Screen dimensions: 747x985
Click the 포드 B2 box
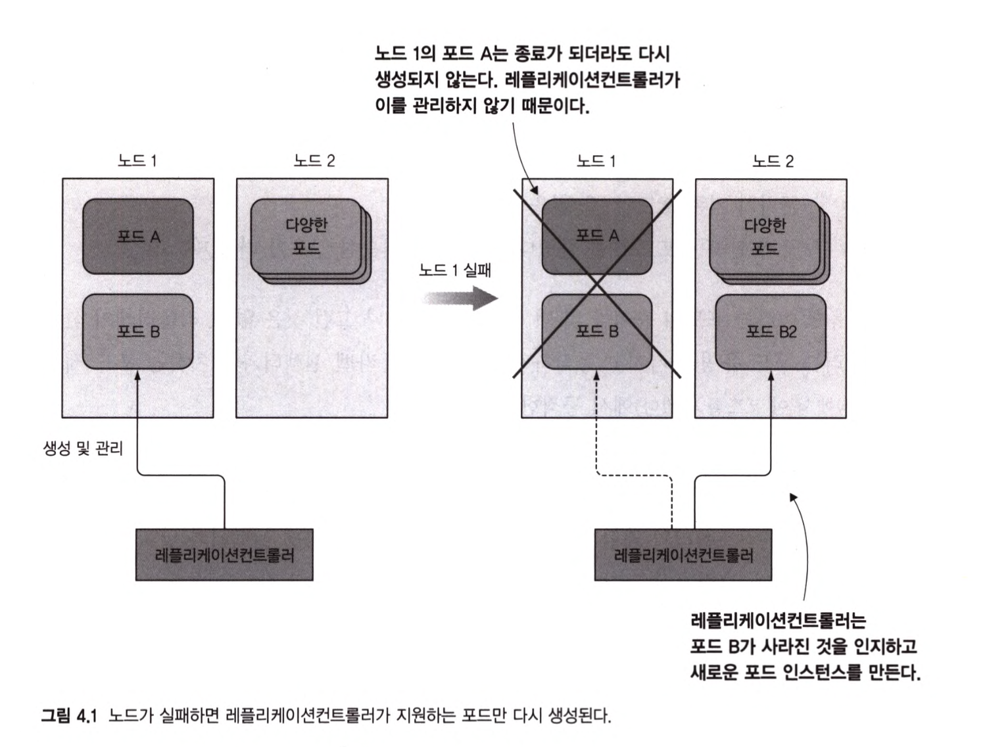771,332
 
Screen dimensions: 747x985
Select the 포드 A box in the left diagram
138,237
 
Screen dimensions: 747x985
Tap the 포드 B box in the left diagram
138,331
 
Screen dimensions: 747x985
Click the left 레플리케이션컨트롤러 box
224,555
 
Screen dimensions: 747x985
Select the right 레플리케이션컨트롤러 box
683,555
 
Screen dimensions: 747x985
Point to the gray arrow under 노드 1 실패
460,299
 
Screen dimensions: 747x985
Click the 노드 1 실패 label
455,270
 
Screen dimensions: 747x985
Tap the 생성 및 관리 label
83,449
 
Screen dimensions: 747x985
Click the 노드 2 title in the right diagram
773,161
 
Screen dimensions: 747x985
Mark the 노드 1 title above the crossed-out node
596,161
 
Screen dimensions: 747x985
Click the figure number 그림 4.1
69,715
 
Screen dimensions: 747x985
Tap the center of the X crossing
597,285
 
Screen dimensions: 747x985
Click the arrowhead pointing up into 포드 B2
771,375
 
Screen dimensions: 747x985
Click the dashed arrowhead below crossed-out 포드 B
597,375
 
